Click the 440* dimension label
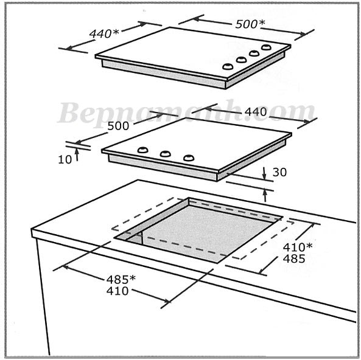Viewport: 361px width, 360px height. (104, 33)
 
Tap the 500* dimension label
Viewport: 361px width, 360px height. (250, 24)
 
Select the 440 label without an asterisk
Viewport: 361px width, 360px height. (256, 112)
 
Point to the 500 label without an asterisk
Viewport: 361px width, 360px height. (118, 126)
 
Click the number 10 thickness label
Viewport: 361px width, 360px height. (65, 160)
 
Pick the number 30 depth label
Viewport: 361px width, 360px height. (279, 172)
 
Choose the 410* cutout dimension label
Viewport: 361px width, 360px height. (298, 247)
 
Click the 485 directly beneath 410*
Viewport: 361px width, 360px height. (294, 259)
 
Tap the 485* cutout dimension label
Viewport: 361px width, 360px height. (121, 280)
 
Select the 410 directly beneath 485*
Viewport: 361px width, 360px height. (117, 291)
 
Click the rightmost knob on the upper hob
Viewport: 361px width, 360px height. (266, 47)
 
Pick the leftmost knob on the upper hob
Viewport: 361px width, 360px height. (228, 67)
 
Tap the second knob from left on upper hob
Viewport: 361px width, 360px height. (241, 60)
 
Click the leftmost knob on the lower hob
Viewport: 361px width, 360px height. (142, 150)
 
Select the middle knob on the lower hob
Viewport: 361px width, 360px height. (166, 154)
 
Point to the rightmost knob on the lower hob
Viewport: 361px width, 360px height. (189, 157)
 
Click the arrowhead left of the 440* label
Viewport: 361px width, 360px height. (69, 47)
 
